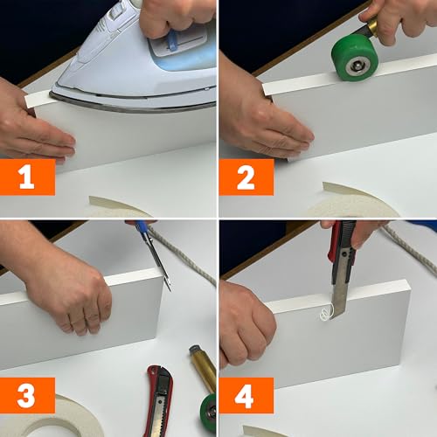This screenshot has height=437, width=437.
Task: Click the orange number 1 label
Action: [27, 177]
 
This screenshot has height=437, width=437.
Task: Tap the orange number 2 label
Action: [246, 177]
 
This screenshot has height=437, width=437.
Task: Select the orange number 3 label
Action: [27, 395]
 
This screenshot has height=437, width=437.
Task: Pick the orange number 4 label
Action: [246, 395]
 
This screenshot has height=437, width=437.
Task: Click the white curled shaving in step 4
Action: [326, 313]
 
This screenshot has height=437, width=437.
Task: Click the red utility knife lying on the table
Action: [160, 400]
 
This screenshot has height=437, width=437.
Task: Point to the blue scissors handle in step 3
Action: [142, 228]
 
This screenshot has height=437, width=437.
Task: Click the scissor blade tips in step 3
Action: [168, 286]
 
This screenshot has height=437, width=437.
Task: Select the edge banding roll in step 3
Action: [52, 420]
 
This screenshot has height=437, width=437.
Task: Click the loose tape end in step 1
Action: [37, 100]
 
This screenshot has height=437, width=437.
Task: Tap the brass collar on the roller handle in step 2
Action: [373, 27]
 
